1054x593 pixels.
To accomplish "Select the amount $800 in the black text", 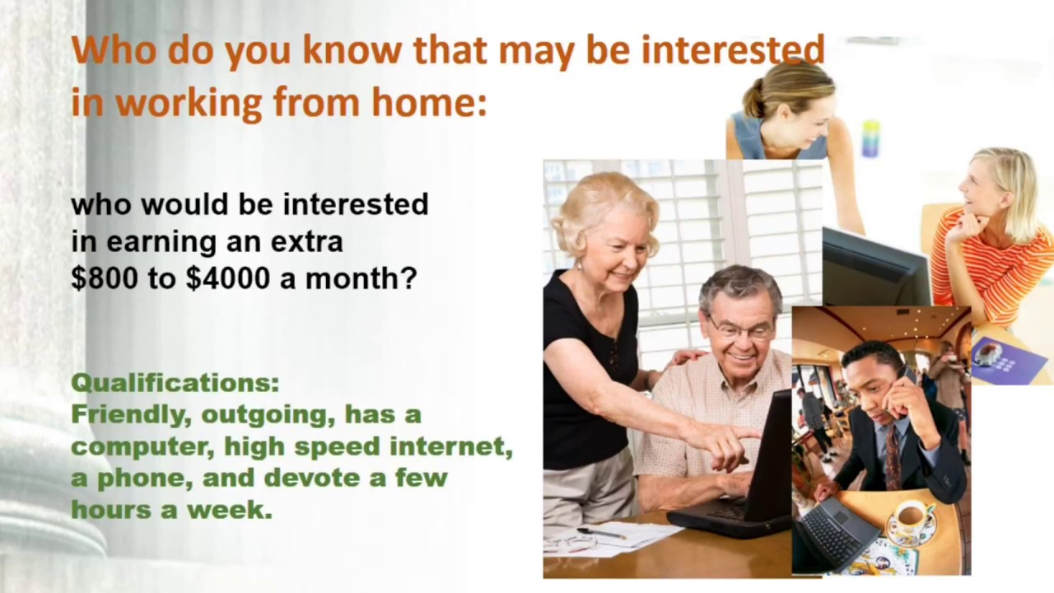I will [x=105, y=278].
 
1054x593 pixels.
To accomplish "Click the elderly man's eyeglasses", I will [x=740, y=330].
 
